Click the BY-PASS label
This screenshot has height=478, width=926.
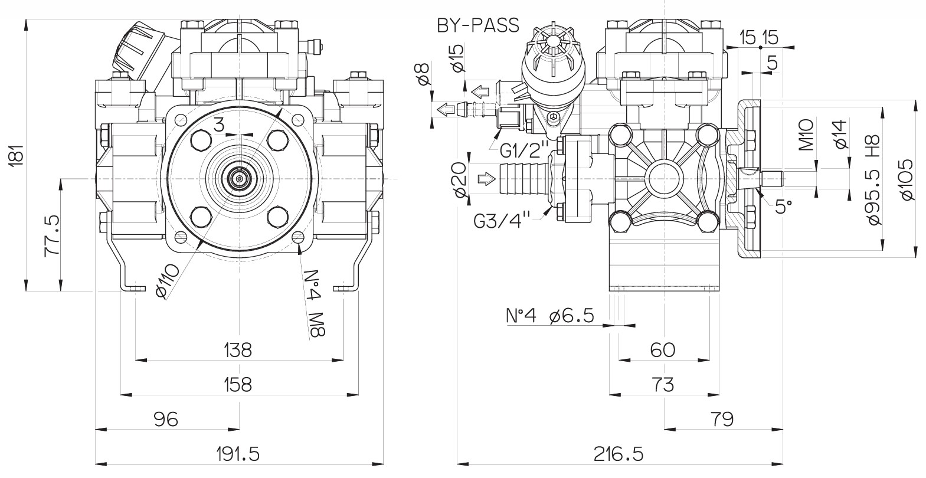tap(478, 25)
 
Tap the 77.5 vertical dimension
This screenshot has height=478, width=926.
tap(52, 235)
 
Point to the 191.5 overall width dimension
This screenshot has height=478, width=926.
tap(238, 454)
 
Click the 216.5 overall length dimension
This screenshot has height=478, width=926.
tap(619, 454)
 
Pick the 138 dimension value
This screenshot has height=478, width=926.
tap(238, 350)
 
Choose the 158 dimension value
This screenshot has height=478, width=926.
tap(238, 385)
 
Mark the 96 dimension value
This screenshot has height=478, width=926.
tap(166, 420)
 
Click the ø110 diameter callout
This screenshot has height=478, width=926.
tap(168, 281)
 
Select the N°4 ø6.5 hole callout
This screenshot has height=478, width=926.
tap(550, 316)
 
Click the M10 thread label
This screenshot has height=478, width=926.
tap(807, 135)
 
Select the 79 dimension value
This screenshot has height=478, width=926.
tap(722, 420)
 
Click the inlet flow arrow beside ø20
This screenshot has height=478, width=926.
tap(486, 179)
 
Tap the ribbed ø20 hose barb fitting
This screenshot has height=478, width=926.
tap(524, 179)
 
